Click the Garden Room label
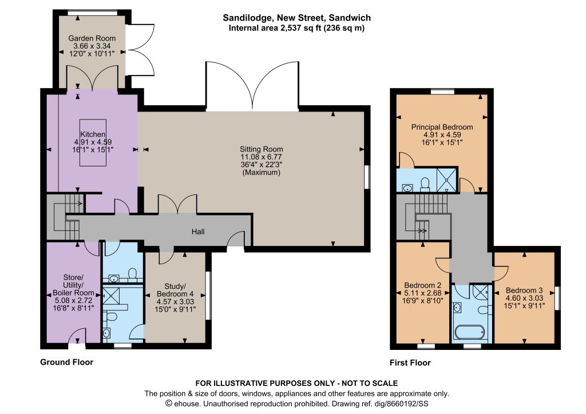92,38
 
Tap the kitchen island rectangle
93,142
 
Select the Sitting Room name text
261,149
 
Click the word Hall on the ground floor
198,232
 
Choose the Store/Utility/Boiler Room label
73,285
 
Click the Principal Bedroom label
442,127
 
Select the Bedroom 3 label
524,290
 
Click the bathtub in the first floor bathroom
470,331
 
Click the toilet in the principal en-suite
425,184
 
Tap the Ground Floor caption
66,362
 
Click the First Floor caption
410,363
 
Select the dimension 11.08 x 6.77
261,157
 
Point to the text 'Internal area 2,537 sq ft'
275,28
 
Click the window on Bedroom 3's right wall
557,298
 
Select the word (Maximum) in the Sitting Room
261,173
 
